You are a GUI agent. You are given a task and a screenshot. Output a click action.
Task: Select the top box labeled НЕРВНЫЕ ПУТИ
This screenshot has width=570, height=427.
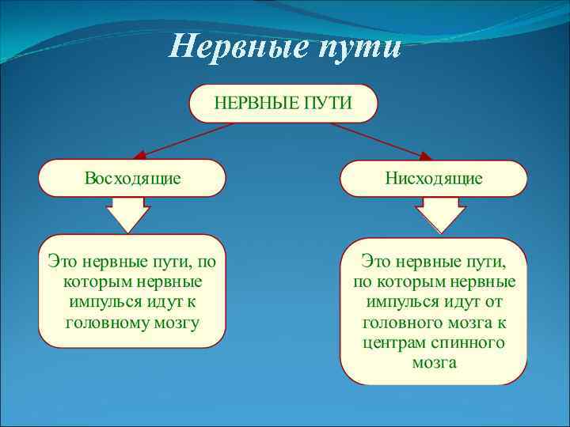[283, 103]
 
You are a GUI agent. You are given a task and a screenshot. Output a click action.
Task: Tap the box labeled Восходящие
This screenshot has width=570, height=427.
[132, 178]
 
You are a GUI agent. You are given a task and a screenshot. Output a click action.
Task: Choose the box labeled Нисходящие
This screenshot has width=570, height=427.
[433, 179]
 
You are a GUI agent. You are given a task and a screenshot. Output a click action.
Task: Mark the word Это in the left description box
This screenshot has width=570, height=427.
[63, 261]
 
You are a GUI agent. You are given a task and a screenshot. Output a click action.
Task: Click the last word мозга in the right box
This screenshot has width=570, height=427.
[434, 364]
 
